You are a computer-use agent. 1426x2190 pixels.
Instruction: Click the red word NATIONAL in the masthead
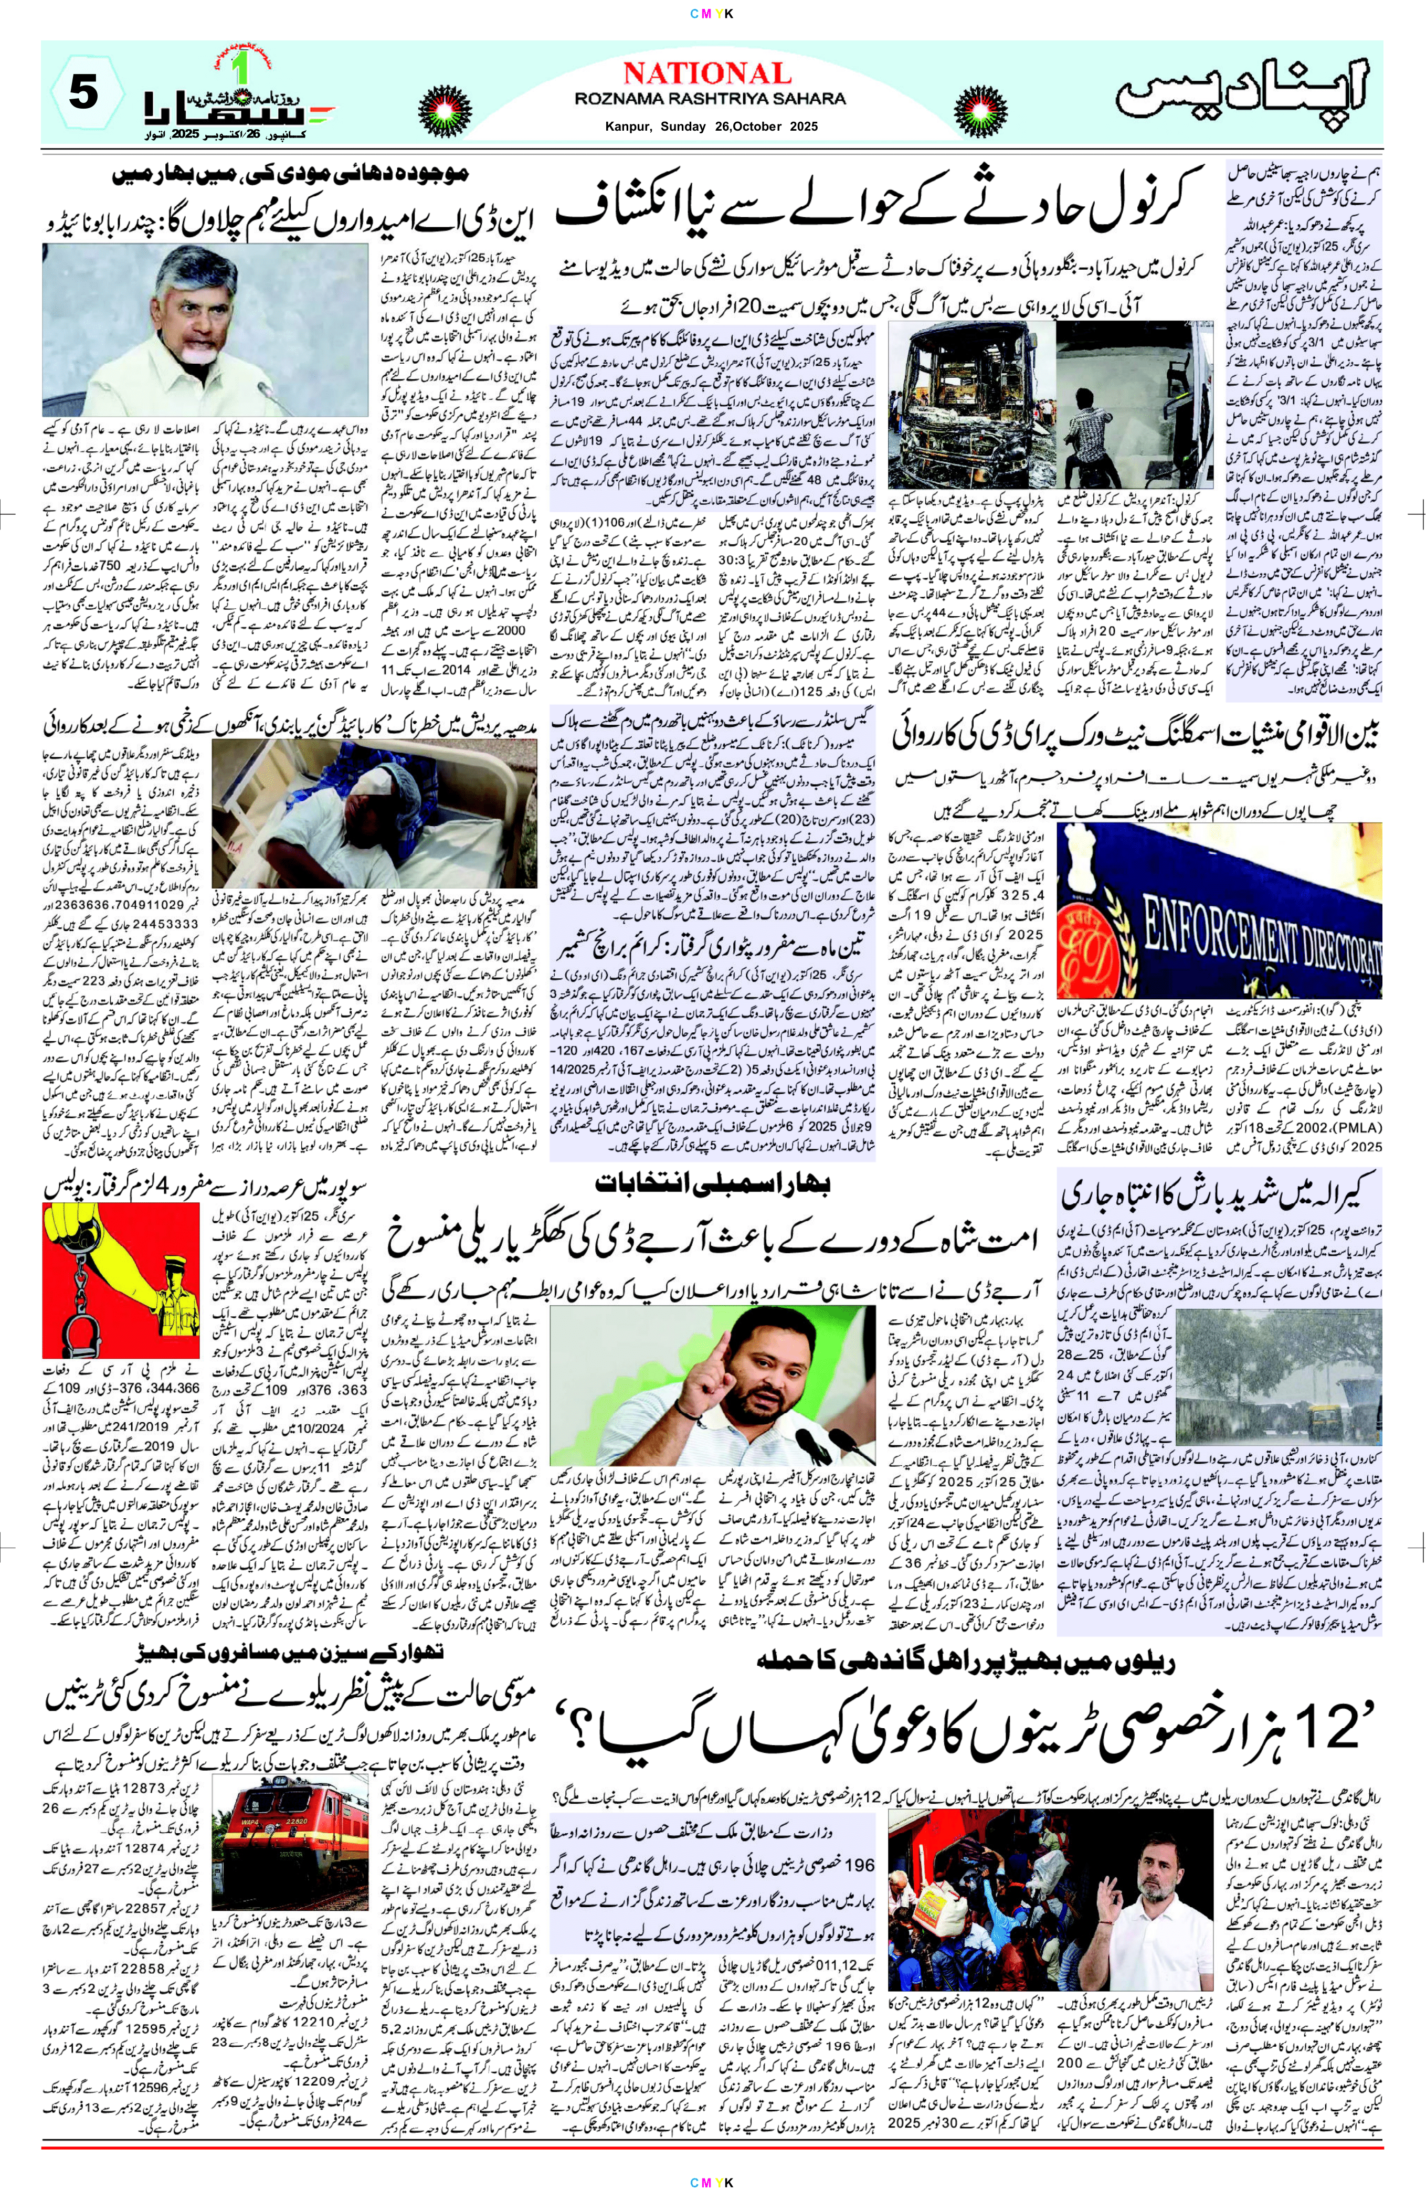pyautogui.click(x=706, y=73)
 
